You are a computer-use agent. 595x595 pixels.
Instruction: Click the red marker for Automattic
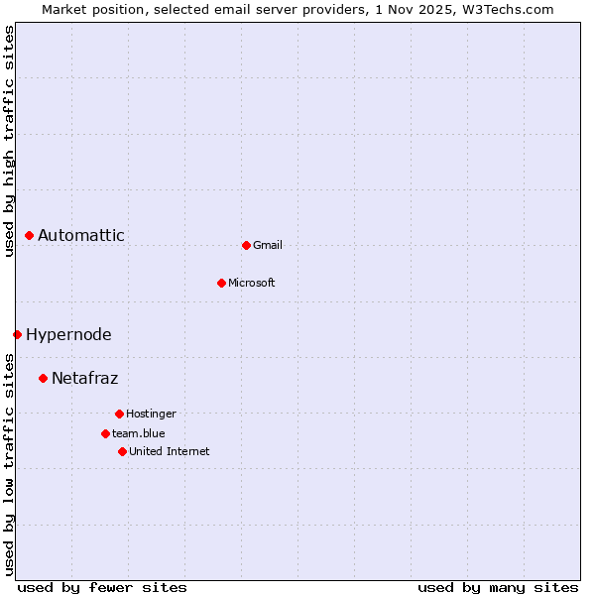[x=30, y=235]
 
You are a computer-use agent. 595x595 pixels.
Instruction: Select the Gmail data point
[x=246, y=245]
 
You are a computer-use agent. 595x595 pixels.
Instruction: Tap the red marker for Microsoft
[x=222, y=283]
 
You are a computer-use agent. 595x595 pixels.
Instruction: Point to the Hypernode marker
[x=17, y=334]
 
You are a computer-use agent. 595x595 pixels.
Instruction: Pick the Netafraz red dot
[x=43, y=378]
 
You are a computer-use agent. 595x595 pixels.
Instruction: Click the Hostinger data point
[x=119, y=414]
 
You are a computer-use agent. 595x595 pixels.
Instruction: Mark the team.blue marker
[x=105, y=433]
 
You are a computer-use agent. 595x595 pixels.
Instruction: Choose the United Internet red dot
[x=122, y=451]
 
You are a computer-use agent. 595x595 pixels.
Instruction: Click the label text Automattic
[x=81, y=235]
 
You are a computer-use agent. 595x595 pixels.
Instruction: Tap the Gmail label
[x=268, y=245]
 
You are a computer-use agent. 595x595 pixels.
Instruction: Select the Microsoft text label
[x=252, y=283]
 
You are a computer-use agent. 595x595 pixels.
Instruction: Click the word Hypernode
[x=68, y=334]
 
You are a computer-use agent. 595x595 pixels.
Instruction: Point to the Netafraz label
[x=85, y=378]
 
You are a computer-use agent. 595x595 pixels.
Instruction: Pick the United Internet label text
[x=170, y=451]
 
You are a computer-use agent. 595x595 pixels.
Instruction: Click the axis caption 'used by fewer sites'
[x=102, y=587]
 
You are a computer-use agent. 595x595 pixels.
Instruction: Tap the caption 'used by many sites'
[x=498, y=587]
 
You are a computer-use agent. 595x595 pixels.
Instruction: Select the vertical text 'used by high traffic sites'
[x=9, y=141]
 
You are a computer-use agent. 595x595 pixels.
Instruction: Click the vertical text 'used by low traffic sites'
[x=9, y=464]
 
